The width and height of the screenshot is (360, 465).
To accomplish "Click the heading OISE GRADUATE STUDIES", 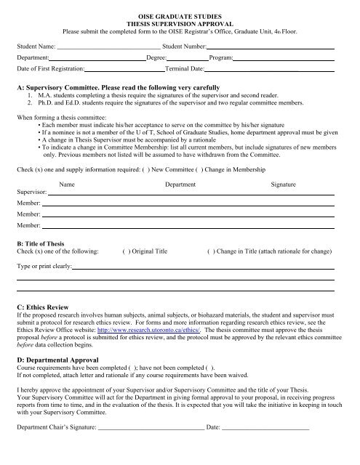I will pyautogui.click(x=180, y=15).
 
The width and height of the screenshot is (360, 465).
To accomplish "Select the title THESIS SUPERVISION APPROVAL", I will pyautogui.click(x=180, y=23).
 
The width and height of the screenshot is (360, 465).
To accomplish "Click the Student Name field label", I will pyautogui.click(x=36, y=46).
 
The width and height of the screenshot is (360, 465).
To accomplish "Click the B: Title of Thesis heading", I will pyautogui.click(x=44, y=243).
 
